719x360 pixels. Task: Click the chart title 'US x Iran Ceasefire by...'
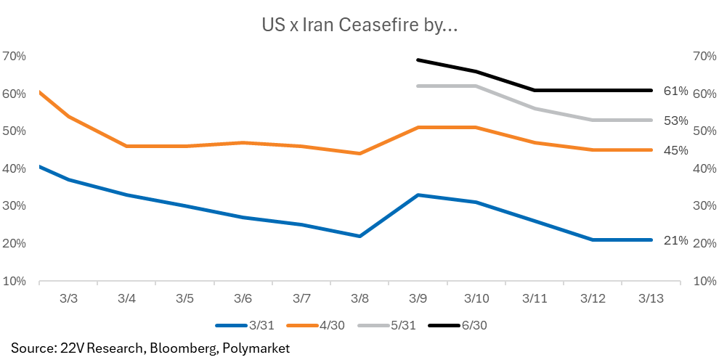[x=359, y=26]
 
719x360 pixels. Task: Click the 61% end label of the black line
[x=675, y=91]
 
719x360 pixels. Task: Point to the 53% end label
[x=675, y=120]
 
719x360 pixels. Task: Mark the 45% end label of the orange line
[x=675, y=150]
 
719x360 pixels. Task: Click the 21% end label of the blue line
[x=675, y=240]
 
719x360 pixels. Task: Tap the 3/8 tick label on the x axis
[x=360, y=298]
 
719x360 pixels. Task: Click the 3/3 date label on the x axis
[x=68, y=298]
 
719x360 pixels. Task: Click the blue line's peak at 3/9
[x=418, y=195]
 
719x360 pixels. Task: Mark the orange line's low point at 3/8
[x=360, y=153]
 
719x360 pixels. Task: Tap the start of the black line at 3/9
[x=418, y=60]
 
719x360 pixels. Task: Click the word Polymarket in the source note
[x=255, y=348]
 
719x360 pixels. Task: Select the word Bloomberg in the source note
[x=182, y=348]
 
